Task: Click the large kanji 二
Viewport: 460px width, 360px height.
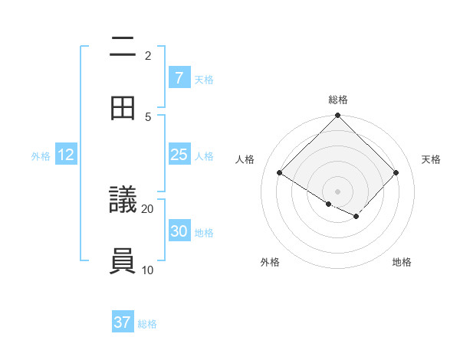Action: point(123,47)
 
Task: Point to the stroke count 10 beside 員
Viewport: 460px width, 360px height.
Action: point(148,270)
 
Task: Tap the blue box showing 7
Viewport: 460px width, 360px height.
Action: point(179,78)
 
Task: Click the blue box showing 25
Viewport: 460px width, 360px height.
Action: point(179,155)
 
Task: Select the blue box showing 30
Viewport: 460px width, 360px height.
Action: point(179,231)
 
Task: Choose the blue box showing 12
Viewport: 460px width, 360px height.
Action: point(66,155)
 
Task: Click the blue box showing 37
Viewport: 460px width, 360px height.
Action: point(123,322)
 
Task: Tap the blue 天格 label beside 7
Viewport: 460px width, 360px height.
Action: point(203,79)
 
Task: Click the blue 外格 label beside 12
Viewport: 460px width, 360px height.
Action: point(41,155)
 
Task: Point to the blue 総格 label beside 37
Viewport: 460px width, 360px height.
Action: point(147,324)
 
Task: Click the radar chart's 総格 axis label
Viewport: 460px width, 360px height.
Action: point(337,100)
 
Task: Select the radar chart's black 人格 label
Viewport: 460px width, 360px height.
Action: point(245,159)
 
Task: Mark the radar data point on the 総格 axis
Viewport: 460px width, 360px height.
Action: point(337,116)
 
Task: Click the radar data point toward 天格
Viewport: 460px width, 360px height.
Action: point(396,172)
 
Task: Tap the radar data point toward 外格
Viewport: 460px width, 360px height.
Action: point(328,204)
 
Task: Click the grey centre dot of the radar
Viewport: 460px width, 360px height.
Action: point(337,191)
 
